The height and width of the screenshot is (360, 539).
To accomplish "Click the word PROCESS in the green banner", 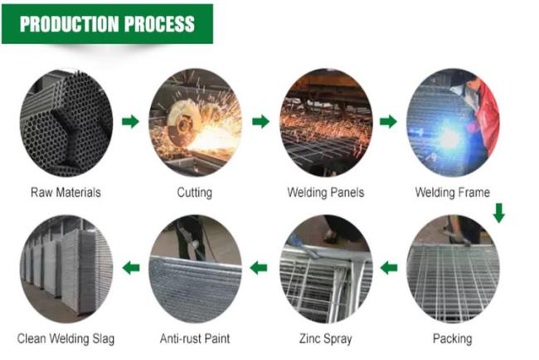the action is (159, 24).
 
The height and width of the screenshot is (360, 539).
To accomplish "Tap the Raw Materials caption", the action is (66, 192).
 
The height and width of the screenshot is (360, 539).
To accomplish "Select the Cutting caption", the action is (195, 192).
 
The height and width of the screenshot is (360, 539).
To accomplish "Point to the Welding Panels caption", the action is (326, 192).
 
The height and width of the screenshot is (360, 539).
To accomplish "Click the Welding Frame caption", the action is (453, 192).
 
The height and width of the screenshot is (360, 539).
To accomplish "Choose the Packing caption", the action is (453, 338).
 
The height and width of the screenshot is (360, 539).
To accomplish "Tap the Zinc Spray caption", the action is (326, 338).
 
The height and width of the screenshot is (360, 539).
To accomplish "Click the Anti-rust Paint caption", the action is (195, 338).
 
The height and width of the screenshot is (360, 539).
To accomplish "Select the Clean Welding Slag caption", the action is (66, 338).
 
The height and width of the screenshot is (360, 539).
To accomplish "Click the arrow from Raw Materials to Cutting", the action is (131, 121).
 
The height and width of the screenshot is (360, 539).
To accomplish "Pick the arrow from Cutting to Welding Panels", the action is (260, 121).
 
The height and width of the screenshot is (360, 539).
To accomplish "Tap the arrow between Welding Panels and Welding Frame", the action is (388, 121).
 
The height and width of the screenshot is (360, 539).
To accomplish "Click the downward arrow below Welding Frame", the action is (499, 213).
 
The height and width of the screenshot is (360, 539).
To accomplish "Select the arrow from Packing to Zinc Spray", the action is (389, 267).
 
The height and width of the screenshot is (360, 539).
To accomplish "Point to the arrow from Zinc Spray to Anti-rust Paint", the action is (259, 267).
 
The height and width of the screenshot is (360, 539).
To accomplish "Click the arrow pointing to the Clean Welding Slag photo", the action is (131, 267).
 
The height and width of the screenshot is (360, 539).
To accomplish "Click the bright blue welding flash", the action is (449, 138).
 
